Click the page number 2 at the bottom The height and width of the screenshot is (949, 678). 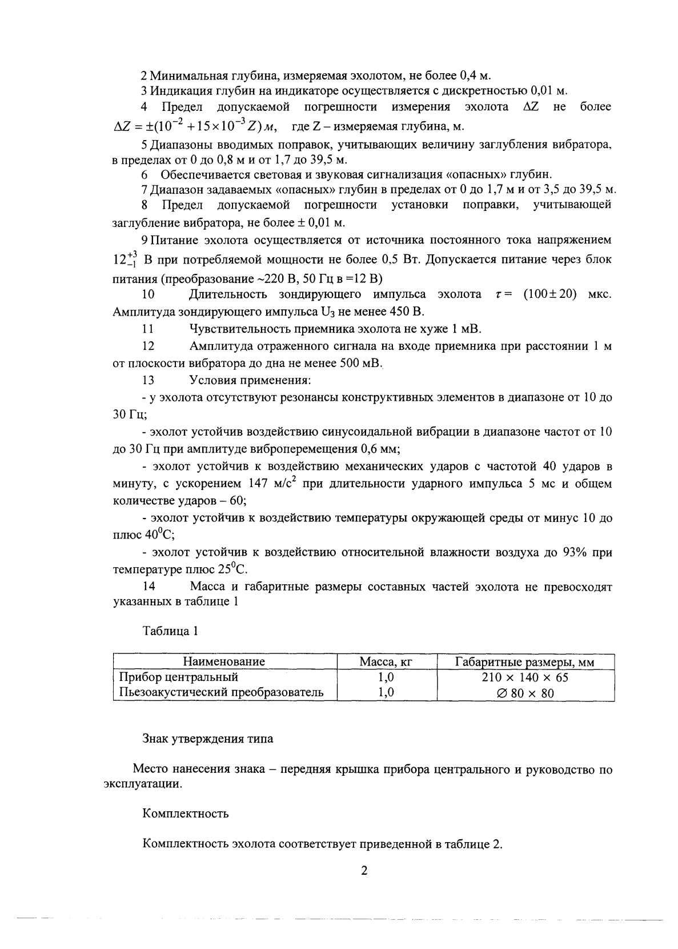363,870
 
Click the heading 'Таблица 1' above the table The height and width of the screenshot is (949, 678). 170,632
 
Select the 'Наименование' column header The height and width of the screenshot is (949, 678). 224,662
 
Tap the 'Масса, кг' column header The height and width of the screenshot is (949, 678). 386,662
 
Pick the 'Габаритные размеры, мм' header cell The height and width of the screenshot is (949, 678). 525,662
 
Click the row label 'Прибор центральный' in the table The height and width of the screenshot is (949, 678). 178,677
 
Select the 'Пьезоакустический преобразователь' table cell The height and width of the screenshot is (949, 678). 221,692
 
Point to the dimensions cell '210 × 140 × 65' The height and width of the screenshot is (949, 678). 525,677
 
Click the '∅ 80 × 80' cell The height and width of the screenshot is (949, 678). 525,693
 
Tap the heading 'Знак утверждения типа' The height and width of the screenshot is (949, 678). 207,739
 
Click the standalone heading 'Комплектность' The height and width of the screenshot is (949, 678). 186,813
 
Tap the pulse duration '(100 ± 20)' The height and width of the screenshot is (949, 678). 549,294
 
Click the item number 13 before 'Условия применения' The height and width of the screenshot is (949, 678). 149,380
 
